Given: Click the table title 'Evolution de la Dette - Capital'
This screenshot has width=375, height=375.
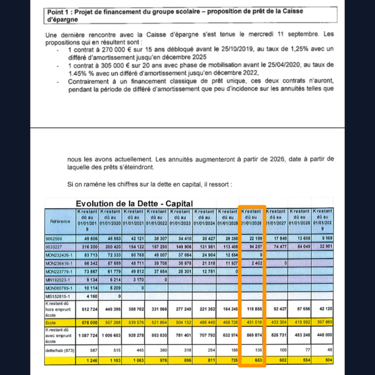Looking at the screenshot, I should point(134,204).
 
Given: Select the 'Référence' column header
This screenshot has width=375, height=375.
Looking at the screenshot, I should point(60,221).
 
